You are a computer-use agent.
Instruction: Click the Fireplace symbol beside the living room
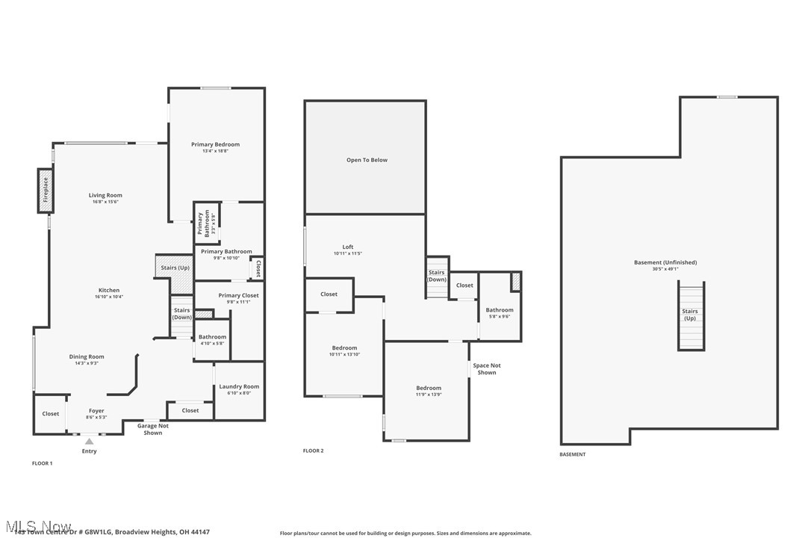click(46, 190)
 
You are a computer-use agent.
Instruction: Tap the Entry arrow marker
click(89, 442)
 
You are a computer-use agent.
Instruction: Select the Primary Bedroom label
click(215, 144)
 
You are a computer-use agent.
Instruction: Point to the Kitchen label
click(109, 290)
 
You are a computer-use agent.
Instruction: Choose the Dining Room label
click(87, 356)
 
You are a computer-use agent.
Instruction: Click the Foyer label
click(96, 410)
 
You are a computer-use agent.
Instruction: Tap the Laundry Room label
click(239, 386)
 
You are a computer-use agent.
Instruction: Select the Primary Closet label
click(238, 295)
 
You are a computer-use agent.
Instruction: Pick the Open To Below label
click(367, 160)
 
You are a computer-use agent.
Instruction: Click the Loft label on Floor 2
click(348, 247)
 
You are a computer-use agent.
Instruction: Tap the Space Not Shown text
click(486, 369)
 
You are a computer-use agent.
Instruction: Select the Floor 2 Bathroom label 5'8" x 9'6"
click(500, 310)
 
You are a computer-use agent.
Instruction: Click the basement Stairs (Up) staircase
click(691, 315)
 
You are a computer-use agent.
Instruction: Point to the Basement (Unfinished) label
click(665, 262)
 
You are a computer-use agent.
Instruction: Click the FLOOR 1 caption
click(43, 463)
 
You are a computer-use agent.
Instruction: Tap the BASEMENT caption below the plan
click(573, 454)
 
